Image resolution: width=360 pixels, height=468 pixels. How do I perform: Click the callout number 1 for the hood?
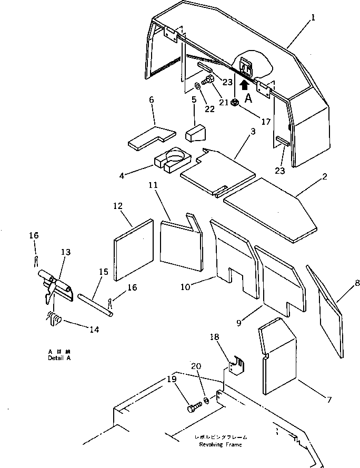tap(313, 17)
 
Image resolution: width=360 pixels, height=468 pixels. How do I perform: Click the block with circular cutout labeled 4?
tap(172, 161)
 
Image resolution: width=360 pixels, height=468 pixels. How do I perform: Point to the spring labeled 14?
tap(55, 318)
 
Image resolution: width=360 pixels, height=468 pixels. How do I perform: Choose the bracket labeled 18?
tap(234, 367)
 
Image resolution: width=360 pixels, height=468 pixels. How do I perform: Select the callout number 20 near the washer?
tap(196, 366)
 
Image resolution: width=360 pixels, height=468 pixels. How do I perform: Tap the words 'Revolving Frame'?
tap(221, 445)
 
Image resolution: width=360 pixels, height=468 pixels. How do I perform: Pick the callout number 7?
tap(329, 401)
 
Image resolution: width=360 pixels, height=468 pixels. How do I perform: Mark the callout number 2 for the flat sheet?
tap(325, 177)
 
